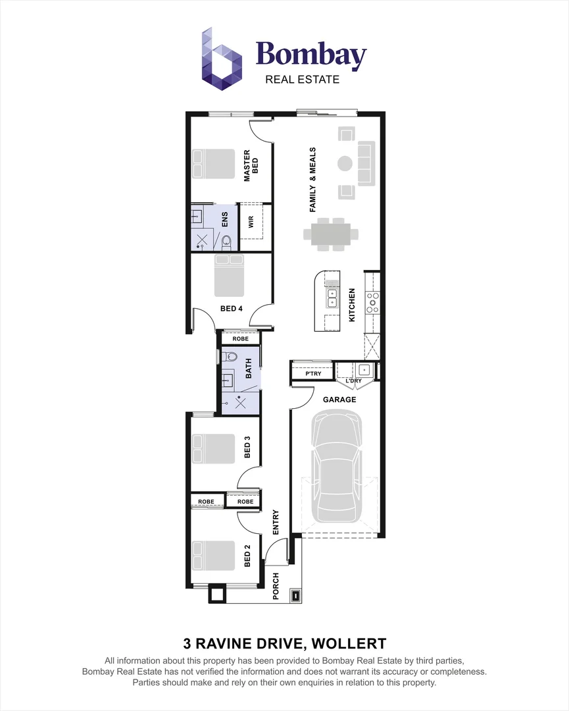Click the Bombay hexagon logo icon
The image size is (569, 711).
pos(222,59)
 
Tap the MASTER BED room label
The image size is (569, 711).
pos(251,166)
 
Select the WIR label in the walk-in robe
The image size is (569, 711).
pos(251,222)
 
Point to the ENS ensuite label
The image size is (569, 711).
pos(225,219)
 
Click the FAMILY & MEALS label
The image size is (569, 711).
pos(312,180)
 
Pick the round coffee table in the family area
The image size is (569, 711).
pos(345,163)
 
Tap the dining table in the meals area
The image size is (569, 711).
pos(331,234)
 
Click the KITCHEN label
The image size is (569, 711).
pos(352,305)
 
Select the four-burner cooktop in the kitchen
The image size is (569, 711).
pos(373,303)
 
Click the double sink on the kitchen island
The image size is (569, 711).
pos(332,299)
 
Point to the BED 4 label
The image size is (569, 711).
pos(231,308)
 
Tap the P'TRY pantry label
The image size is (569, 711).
pos(313,374)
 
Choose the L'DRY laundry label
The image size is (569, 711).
pos(354,381)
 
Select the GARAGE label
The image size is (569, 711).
pos(339,400)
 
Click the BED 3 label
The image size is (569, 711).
pos(247,447)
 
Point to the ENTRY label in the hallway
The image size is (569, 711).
pos(276,522)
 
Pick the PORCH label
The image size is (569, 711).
pos(276,587)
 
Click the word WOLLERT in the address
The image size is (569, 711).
pos(349,643)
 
